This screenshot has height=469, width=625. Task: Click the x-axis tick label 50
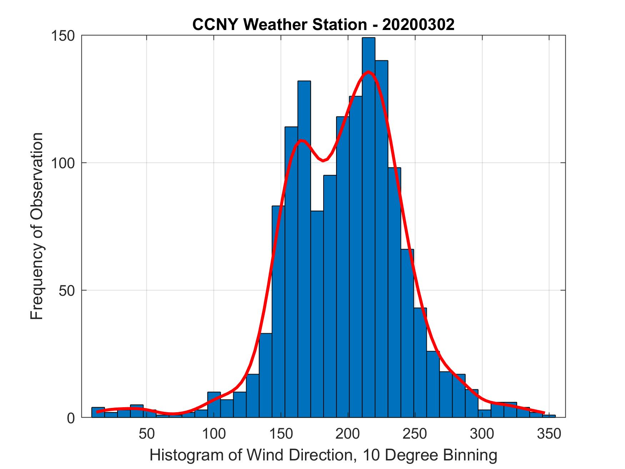point(146,434)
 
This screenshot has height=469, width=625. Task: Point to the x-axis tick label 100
point(214,434)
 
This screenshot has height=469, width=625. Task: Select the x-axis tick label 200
point(348,434)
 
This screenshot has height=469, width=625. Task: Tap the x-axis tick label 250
point(415,434)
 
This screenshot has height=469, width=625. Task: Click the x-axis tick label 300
point(482,434)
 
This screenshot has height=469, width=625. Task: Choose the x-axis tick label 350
point(549,434)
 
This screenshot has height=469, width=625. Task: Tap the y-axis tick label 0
point(71,418)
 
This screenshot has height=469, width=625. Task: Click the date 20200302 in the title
point(418,25)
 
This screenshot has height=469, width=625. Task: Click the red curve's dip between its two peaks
point(323,161)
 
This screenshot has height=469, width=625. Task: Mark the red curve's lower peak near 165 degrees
point(302,140)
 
